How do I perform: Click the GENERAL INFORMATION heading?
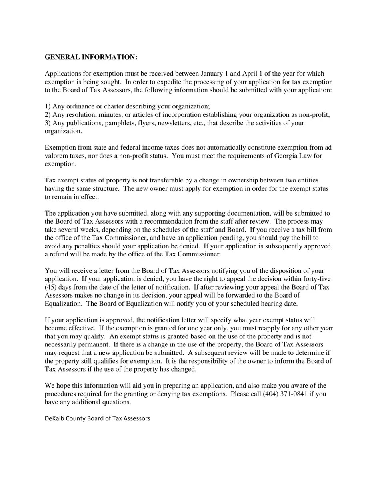click(91, 57)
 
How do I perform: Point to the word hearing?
click(270, 304)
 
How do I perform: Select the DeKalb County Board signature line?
click(97, 418)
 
